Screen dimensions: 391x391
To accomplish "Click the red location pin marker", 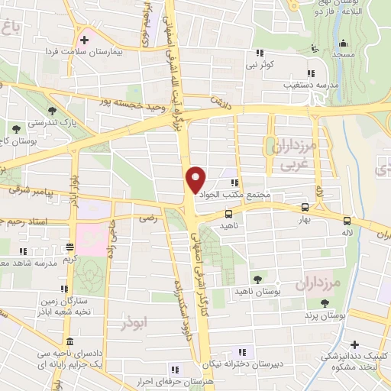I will [x=196, y=179].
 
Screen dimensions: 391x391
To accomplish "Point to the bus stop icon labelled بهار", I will [x=305, y=207].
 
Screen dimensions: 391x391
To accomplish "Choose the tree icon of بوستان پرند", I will [x=326, y=303].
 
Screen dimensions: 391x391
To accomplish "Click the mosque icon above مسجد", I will [x=312, y=49].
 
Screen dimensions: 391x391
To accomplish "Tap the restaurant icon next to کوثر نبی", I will [x=260, y=53].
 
